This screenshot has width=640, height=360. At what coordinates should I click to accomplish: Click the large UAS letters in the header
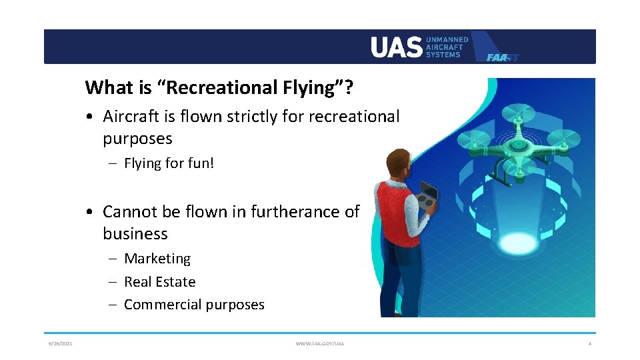396,47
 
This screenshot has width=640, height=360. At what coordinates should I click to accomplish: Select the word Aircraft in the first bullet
130,117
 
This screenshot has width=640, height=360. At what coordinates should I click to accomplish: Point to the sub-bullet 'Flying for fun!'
169,163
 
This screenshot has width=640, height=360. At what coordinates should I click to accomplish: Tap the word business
135,234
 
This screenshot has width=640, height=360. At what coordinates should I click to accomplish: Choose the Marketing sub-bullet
157,259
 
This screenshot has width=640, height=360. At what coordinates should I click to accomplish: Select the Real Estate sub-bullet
160,282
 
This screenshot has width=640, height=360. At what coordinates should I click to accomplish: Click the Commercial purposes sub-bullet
194,305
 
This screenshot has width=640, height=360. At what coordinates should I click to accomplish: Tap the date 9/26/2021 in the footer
60,343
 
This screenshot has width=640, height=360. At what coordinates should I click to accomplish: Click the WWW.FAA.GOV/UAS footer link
320,343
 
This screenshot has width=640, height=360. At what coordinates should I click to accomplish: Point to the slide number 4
589,343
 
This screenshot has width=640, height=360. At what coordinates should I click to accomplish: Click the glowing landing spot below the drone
518,243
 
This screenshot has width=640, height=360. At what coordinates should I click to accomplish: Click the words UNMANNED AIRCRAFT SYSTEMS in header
447,47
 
